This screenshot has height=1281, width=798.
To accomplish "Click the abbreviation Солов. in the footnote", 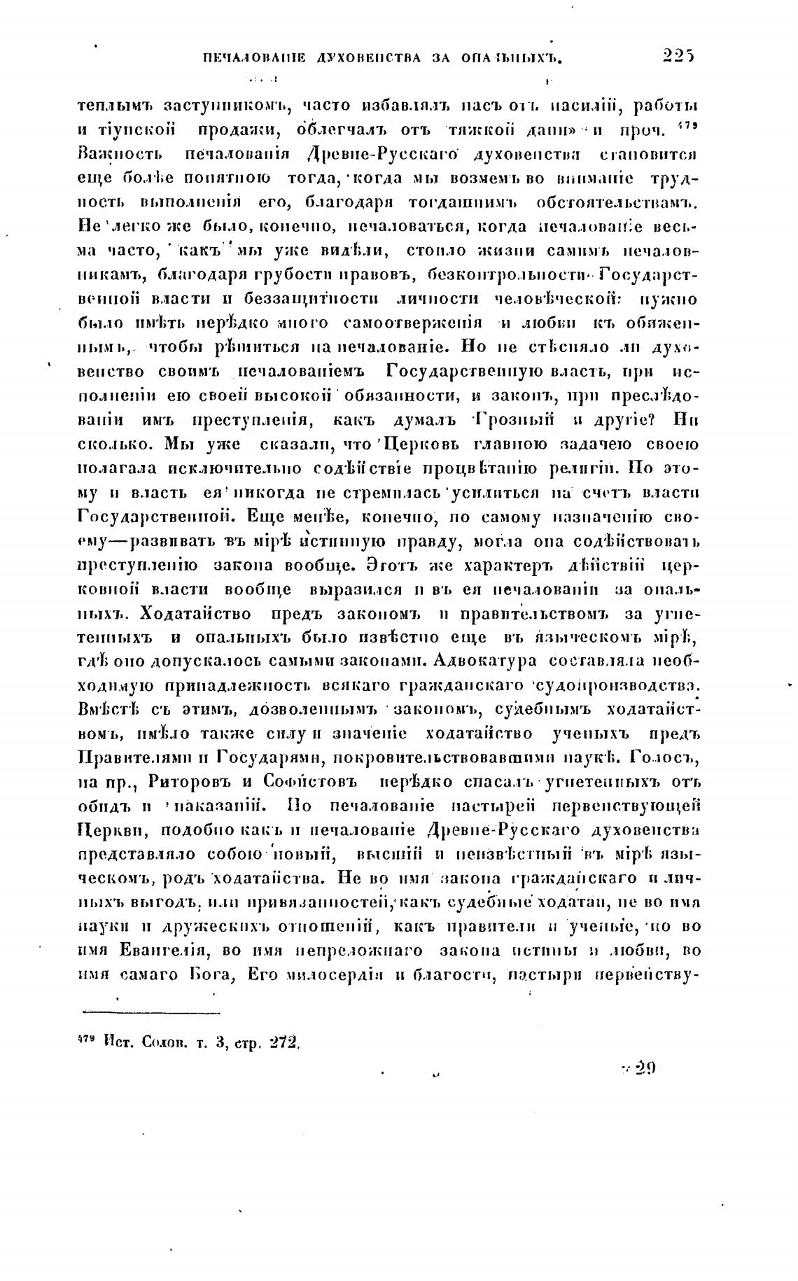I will [x=163, y=1042].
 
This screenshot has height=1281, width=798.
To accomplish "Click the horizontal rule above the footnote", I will [x=151, y=1012].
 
